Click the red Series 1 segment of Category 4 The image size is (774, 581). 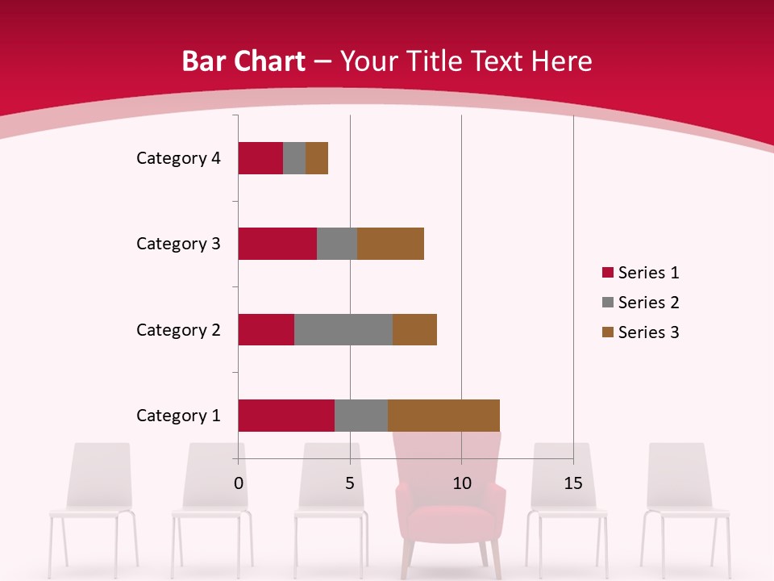coord(260,158)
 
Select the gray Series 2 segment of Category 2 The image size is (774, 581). coord(343,329)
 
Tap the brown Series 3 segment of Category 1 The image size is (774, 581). coord(443,415)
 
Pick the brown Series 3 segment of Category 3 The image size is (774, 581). coord(390,244)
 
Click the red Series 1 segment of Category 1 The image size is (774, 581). coord(286,415)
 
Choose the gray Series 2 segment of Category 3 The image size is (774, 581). coord(337,244)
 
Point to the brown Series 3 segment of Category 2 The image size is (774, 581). coord(414,329)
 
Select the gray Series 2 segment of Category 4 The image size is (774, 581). coord(294,158)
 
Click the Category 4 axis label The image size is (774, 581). coord(178,158)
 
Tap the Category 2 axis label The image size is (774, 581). coord(178,329)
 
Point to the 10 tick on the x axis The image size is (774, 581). coord(461,483)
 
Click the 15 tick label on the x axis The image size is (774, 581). coord(573,483)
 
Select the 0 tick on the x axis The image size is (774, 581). coord(238,483)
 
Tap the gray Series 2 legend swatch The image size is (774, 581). coord(607,303)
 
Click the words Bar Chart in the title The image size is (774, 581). coord(243,61)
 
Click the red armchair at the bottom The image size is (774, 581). coord(448,516)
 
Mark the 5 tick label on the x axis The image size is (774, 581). coord(350,483)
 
